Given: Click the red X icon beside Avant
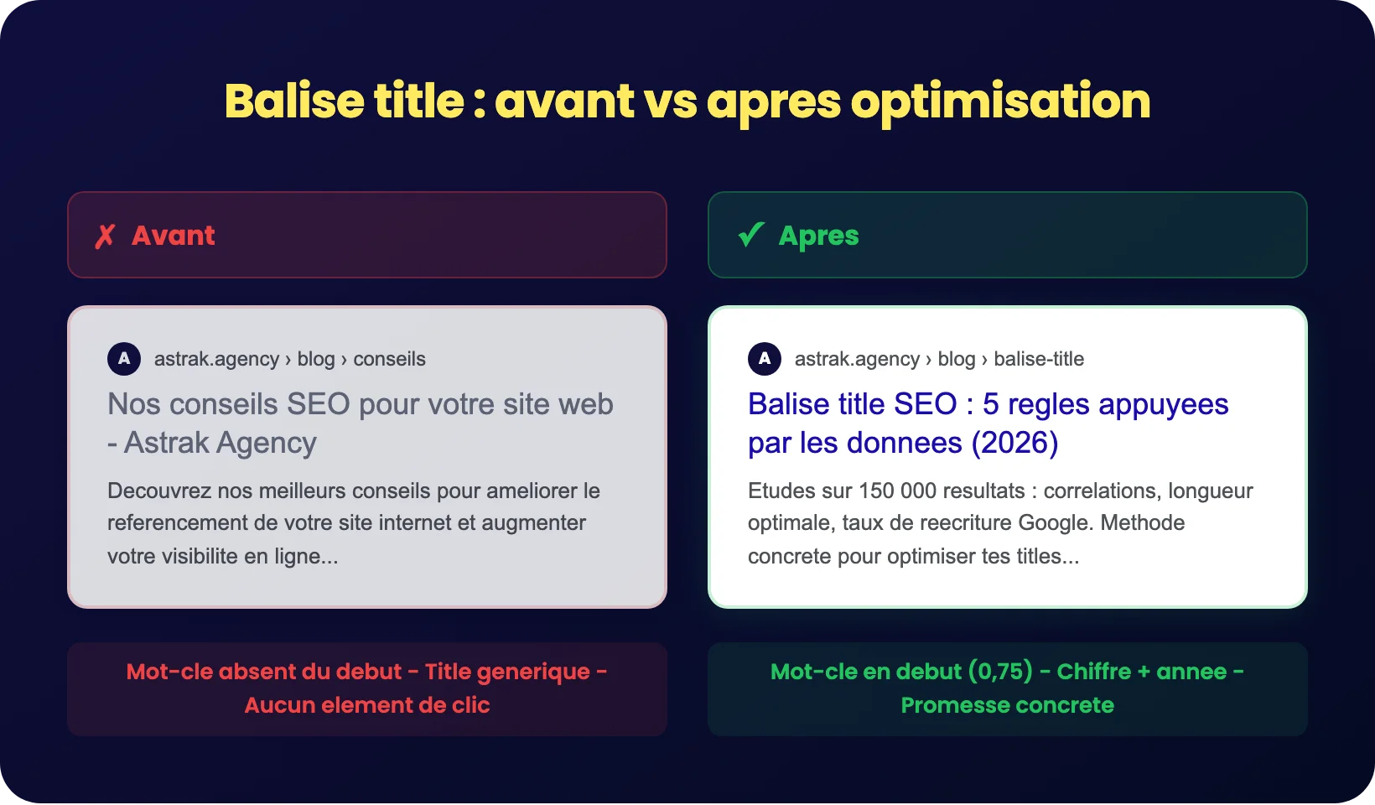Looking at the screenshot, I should coord(105,236).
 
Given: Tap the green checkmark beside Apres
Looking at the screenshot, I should coord(751,235).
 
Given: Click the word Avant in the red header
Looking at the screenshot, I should coord(174,236).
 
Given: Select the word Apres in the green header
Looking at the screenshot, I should coord(818,236).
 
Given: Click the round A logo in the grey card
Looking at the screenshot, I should coord(124,359).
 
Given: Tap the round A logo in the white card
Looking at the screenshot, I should coord(765,359).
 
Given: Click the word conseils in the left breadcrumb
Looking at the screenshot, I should coord(389,359).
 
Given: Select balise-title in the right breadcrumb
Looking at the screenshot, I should coord(1039,359).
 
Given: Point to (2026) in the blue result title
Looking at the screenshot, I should coord(1014,443).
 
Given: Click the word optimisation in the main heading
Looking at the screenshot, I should coord(1000,101).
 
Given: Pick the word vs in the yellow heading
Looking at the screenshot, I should coord(670,101).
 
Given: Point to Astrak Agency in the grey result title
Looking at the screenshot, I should coord(221,443).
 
